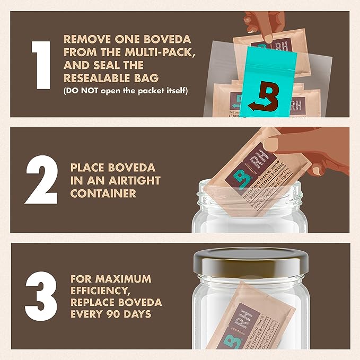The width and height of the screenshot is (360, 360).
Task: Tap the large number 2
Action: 40,180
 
